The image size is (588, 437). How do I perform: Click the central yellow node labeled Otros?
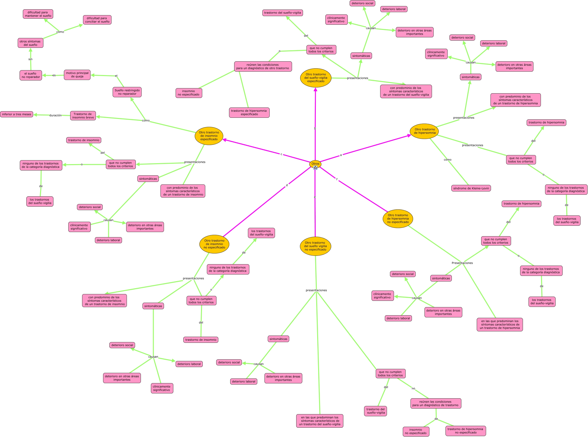(x=315, y=163)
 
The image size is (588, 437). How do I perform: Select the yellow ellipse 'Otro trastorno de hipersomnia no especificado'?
(x=397, y=218)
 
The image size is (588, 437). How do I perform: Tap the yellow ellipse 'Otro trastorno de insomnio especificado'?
(x=209, y=136)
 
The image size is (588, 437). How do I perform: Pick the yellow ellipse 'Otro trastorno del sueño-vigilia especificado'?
(x=316, y=78)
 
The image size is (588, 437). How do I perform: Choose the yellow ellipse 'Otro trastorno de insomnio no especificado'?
(x=214, y=244)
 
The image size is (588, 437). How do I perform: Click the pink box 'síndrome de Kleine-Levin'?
(x=471, y=188)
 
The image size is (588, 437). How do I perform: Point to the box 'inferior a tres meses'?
(x=17, y=114)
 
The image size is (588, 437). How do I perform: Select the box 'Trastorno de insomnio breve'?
(x=83, y=116)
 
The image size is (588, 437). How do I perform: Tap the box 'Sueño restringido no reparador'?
(x=127, y=92)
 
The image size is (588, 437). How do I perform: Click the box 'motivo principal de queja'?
(x=77, y=75)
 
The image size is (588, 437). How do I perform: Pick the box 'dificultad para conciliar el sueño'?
(x=97, y=20)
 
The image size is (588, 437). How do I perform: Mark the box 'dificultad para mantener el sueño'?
(x=38, y=14)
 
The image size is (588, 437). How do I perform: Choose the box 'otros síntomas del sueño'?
(x=30, y=43)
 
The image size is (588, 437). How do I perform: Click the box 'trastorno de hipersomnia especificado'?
(x=249, y=112)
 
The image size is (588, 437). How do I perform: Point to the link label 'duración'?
(x=55, y=115)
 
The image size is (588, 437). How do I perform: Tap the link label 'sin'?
(x=30, y=59)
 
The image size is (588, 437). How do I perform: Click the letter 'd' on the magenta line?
(x=287, y=185)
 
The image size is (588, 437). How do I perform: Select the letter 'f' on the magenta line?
(x=337, y=179)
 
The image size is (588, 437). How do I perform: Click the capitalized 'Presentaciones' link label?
(x=462, y=263)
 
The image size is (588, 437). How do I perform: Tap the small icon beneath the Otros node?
(x=315, y=168)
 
